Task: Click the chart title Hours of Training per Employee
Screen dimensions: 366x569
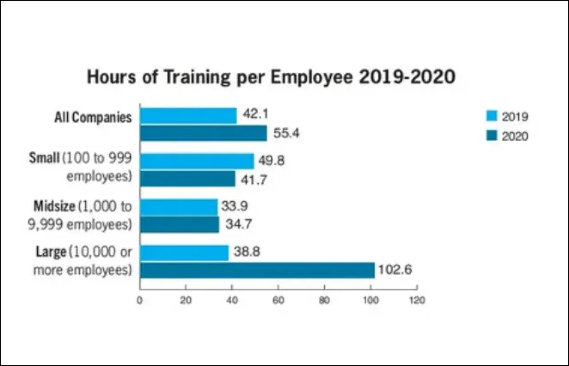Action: click(x=271, y=77)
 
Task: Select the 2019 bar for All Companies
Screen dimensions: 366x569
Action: click(x=188, y=115)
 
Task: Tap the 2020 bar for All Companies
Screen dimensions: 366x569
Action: click(x=204, y=133)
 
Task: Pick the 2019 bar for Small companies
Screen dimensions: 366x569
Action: click(x=197, y=161)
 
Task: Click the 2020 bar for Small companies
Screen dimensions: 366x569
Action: click(x=188, y=179)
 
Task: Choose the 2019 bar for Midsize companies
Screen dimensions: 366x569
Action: click(x=179, y=207)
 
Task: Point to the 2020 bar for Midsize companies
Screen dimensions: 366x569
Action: click(x=180, y=224)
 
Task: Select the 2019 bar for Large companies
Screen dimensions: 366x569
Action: click(x=184, y=253)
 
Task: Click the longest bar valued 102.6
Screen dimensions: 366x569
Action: click(x=257, y=270)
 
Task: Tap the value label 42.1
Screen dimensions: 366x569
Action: click(x=255, y=114)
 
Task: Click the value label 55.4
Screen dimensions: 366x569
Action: click(x=286, y=133)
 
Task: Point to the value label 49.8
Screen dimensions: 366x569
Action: click(x=271, y=161)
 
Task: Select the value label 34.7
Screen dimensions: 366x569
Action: click(x=238, y=224)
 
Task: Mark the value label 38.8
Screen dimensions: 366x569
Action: click(x=247, y=252)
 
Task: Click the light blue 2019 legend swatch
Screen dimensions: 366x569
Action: click(x=491, y=117)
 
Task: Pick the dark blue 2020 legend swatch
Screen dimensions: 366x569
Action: click(x=491, y=136)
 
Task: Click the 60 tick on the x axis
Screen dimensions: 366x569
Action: click(x=278, y=301)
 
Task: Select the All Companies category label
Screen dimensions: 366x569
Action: click(x=93, y=118)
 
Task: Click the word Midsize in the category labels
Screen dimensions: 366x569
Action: click(x=55, y=207)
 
